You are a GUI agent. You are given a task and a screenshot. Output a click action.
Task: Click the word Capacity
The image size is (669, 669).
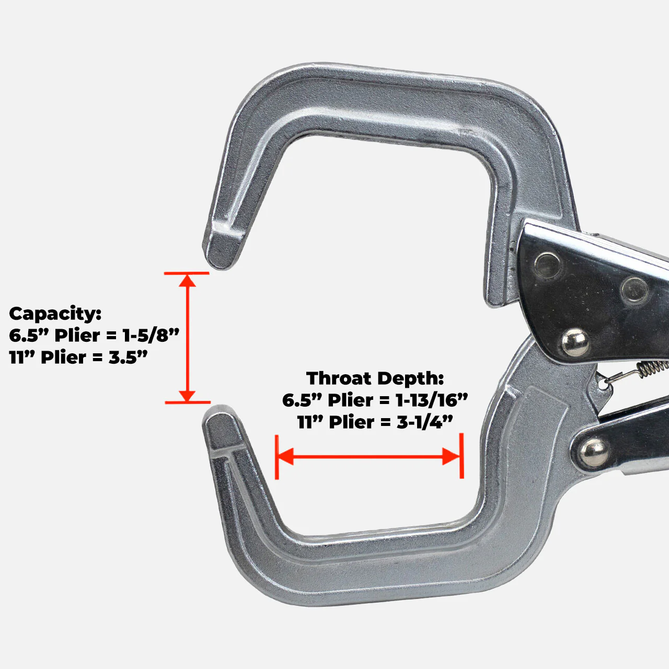coord(55,314)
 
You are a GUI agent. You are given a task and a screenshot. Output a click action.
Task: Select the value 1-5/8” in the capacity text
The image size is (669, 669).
coord(151,335)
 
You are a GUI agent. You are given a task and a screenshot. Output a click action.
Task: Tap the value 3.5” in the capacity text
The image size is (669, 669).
coord(125,357)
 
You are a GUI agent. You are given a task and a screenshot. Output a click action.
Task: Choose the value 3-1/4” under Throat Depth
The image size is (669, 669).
coord(424,422)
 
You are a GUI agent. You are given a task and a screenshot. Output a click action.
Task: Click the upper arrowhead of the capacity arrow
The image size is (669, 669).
coord(187,281)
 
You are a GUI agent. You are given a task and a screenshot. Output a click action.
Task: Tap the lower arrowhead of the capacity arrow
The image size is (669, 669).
coord(187,396)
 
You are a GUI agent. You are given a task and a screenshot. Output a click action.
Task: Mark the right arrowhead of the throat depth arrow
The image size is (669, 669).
coord(452,456)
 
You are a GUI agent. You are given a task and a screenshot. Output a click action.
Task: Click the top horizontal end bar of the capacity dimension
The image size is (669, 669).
coord(187,273)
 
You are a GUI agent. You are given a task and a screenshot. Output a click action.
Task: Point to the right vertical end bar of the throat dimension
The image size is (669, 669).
coord(462,456)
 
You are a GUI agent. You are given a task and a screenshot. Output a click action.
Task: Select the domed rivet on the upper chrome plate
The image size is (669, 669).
coord(575,343)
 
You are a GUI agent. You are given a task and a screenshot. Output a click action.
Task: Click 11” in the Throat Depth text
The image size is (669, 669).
coord(308,422)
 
